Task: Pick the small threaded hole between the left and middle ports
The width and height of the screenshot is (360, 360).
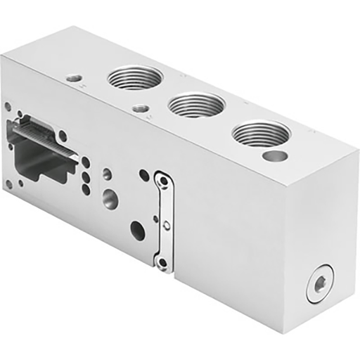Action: click(141, 109)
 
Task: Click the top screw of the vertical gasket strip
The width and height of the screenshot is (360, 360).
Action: click(163, 181)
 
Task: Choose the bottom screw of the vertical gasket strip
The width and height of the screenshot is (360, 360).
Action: click(162, 262)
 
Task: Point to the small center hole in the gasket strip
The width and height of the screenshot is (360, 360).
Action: click(167, 224)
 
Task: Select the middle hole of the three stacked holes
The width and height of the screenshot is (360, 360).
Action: click(86, 175)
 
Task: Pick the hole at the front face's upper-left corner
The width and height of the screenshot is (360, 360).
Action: click(8, 107)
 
